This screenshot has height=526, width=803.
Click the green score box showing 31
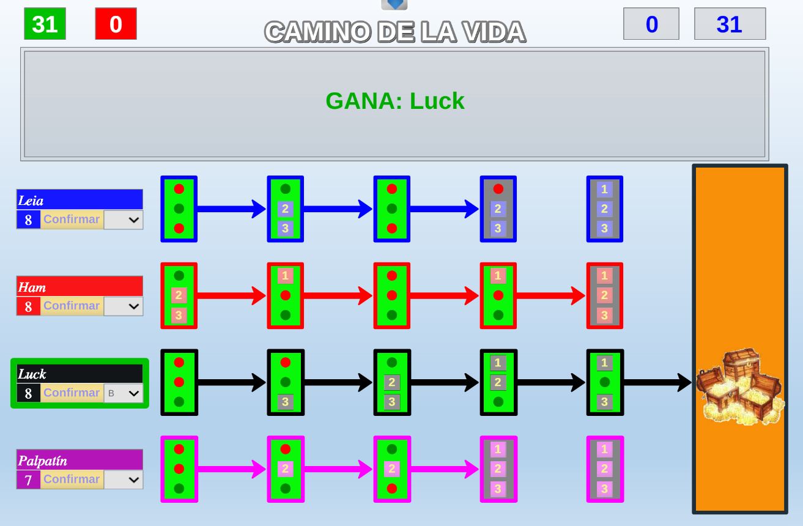(45, 24)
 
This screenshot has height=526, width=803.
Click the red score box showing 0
(116, 24)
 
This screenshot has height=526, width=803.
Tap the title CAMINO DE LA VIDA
(395, 32)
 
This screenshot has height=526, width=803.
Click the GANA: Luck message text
(395, 101)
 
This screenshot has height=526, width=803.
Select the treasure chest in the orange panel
(739, 387)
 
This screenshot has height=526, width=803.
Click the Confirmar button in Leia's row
(72, 219)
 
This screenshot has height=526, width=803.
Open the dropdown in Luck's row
(123, 393)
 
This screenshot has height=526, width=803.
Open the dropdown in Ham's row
(123, 306)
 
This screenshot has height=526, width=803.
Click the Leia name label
(80, 200)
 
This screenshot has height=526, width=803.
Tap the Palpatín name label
(80, 460)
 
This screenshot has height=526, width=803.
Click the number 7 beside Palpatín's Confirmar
(28, 480)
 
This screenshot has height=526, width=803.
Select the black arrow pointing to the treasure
(657, 383)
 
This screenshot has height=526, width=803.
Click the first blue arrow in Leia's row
(231, 209)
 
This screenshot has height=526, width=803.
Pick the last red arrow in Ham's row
(551, 296)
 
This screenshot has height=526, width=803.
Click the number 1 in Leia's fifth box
(604, 190)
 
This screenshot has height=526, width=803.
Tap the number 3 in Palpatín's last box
(604, 489)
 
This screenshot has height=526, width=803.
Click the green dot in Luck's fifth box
(604, 382)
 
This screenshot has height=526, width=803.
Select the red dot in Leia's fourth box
(498, 189)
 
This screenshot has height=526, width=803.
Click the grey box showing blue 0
(651, 24)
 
